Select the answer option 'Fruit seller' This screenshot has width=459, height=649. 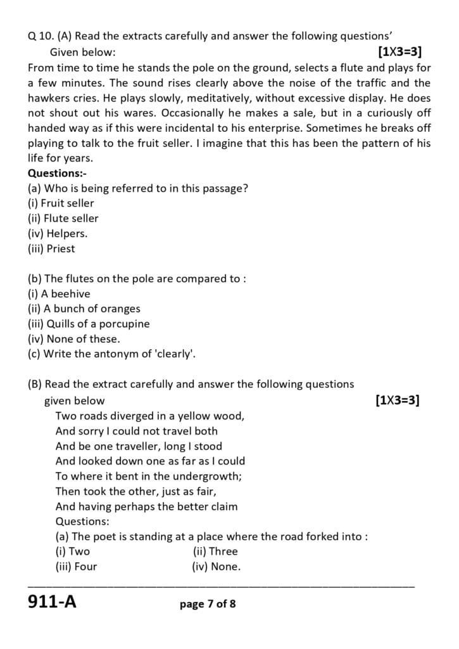[61, 203]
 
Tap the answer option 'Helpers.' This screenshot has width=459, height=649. [58, 233]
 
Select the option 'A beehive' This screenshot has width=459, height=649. [59, 293]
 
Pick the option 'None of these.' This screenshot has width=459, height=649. [73, 338]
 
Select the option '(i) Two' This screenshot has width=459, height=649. [73, 551]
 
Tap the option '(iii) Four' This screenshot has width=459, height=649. [76, 567]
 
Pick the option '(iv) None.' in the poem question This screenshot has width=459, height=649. [216, 567]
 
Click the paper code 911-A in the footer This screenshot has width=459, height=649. [52, 601]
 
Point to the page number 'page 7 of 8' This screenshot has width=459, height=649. [208, 604]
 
